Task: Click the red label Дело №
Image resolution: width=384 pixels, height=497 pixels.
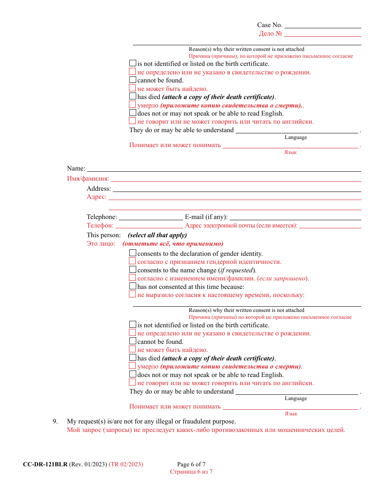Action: [270, 34]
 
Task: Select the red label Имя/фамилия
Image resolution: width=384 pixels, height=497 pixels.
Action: [88, 179]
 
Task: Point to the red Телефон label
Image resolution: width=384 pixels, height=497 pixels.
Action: [100, 226]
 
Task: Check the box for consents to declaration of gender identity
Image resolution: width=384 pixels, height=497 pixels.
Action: [133, 253]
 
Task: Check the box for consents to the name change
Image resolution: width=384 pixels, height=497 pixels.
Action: [133, 270]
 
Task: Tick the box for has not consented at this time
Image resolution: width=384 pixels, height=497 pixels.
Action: [133, 286]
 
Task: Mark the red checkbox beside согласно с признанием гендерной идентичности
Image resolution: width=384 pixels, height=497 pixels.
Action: [133, 261]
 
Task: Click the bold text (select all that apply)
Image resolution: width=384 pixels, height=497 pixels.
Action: [157, 235]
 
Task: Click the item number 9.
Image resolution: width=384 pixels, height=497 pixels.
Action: [55, 421]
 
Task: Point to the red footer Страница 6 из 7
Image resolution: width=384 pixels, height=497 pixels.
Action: [191, 472]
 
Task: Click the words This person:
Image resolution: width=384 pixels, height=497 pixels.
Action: [103, 235]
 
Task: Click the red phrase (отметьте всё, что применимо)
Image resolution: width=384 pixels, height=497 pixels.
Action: [173, 244]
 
